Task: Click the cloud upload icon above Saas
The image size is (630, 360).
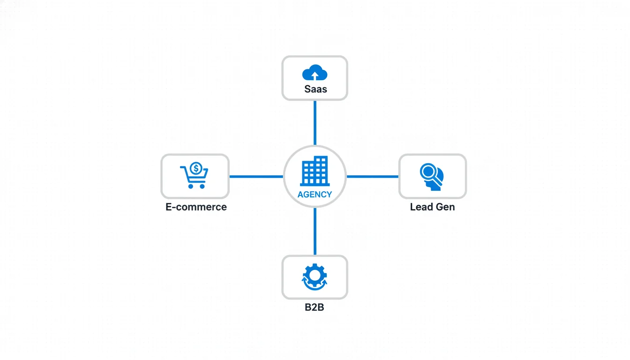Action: pyautogui.click(x=315, y=73)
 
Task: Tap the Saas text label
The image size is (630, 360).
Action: pyautogui.click(x=315, y=89)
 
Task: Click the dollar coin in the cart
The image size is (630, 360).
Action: pyautogui.click(x=196, y=167)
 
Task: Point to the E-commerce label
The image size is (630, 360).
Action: pyautogui.click(x=196, y=207)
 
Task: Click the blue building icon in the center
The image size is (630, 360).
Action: pyautogui.click(x=315, y=171)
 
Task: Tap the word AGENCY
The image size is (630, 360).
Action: pyautogui.click(x=315, y=195)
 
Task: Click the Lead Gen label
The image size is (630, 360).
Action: pyautogui.click(x=432, y=207)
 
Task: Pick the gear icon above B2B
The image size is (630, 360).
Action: pyautogui.click(x=315, y=276)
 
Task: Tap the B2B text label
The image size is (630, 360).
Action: pyautogui.click(x=315, y=308)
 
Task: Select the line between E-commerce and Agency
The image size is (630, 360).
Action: pyautogui.click(x=256, y=177)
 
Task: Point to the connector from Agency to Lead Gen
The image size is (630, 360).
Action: pyautogui.click(x=372, y=177)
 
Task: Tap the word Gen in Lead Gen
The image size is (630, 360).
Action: pyautogui.click(x=445, y=207)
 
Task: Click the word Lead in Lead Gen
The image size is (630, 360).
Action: pyautogui.click(x=421, y=207)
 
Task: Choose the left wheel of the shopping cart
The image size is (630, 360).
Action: pyautogui.click(x=191, y=186)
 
